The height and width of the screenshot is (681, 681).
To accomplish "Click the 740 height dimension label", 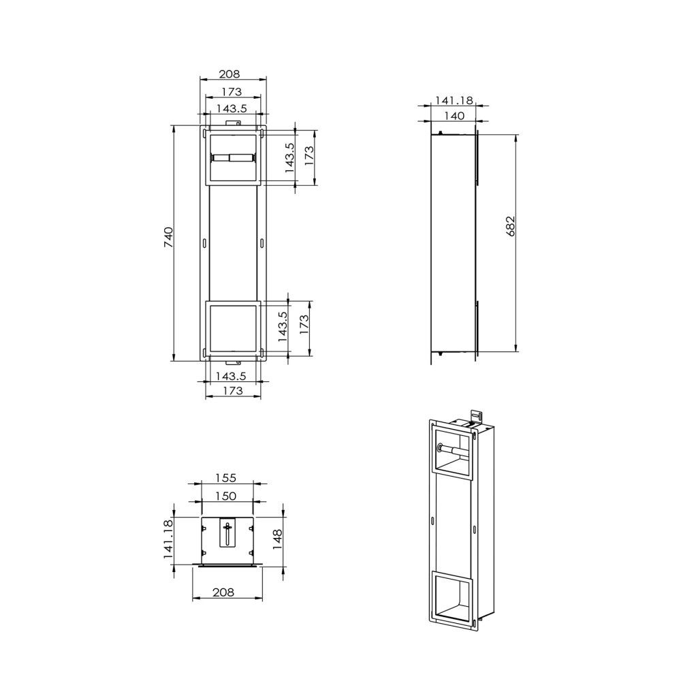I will (x=169, y=242).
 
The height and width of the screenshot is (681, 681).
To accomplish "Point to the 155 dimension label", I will (x=227, y=478).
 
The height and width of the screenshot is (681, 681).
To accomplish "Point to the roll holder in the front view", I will (x=233, y=157).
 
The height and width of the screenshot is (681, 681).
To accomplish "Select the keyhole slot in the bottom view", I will (x=227, y=532).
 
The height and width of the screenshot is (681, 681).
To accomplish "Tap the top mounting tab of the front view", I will (x=233, y=123).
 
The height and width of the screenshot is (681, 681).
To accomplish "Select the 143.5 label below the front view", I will (x=232, y=376).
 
